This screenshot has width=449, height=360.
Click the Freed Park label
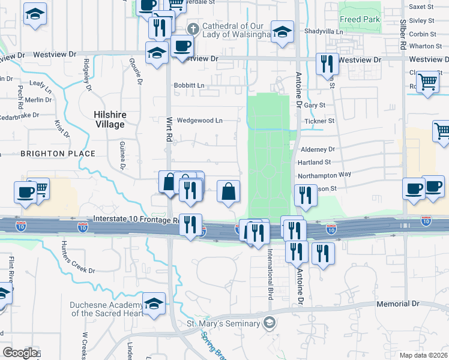coord(359,20)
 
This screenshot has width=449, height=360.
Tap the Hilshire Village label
coord(109,119)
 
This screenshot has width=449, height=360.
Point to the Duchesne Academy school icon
coord(154,303)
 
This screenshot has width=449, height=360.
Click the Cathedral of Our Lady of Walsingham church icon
coord(193,28)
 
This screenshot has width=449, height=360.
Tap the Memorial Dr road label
coord(398,304)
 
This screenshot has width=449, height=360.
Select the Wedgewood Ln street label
coord(199,121)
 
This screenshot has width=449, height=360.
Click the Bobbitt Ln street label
coord(189,86)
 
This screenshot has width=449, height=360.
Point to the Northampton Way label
coord(324,175)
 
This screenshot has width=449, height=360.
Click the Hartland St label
coord(315,162)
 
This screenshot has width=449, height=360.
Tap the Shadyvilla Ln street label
coord(324,32)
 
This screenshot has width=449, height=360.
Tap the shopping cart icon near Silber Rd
coord(427,82)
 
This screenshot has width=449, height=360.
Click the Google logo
coord(20,353)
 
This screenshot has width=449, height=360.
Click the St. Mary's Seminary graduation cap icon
coord(270,323)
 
